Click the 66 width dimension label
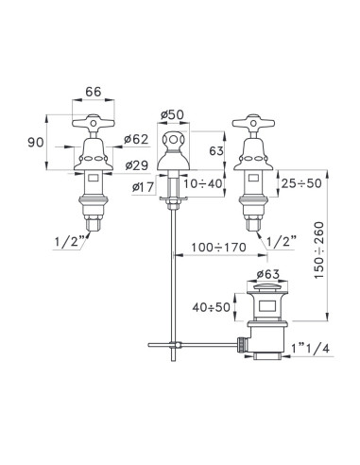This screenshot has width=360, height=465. (94, 92)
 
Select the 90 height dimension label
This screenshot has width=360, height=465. (36, 143)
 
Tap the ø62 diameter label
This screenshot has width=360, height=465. (136, 139)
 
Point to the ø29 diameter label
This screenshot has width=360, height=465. (137, 165)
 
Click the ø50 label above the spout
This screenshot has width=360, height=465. (172, 115)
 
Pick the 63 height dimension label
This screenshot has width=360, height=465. (216, 151)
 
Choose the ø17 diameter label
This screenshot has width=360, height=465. (144, 188)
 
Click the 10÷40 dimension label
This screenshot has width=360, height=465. (203, 183)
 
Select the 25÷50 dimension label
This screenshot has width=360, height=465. (301, 183)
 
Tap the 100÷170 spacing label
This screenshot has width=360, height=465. (219, 248)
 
